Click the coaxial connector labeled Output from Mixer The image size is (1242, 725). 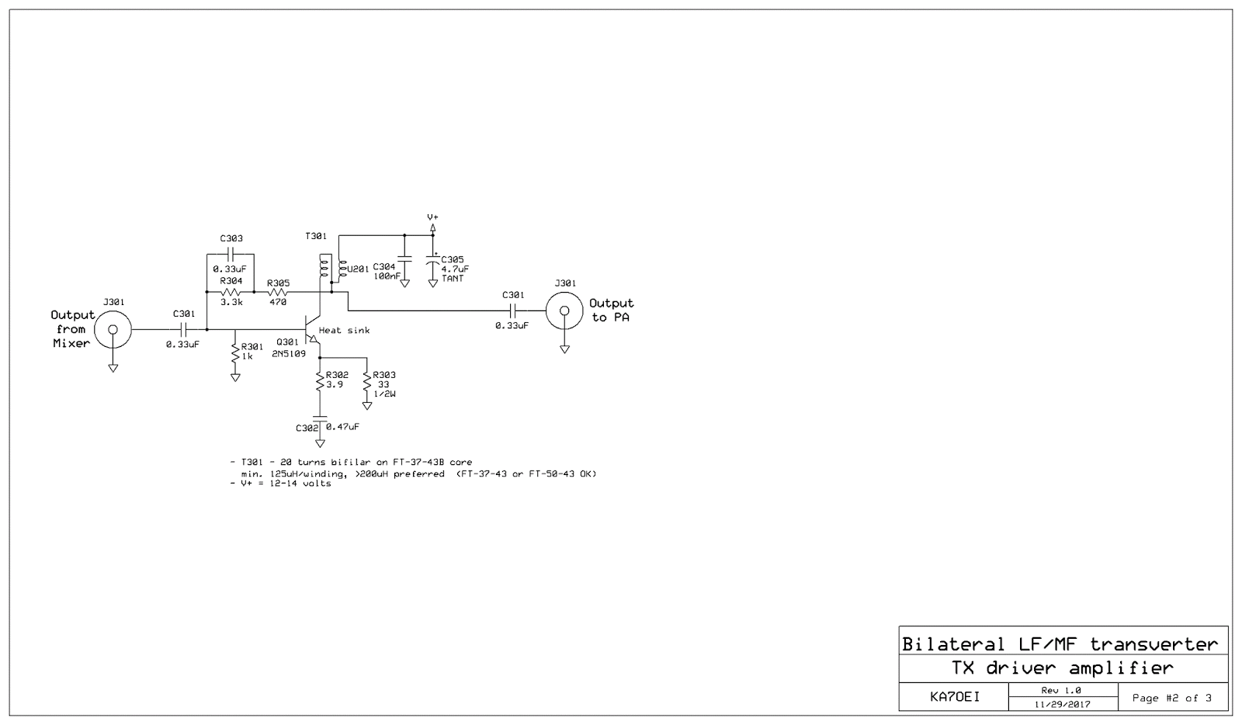coord(113,329)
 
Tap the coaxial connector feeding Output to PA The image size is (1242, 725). coord(564,311)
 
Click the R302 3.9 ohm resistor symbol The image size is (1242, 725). coord(319,381)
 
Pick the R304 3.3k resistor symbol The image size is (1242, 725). coord(231,292)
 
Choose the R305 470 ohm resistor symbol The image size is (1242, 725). coord(278,292)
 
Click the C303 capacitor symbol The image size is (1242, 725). coord(231,254)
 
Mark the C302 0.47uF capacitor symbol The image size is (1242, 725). coord(319,425)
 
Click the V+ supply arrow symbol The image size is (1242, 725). coord(433,227)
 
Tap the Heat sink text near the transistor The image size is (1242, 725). coord(344,330)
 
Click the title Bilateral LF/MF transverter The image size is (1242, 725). coord(1060,643)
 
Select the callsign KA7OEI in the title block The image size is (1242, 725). coord(954,697)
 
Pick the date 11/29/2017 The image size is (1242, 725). coord(1063,705)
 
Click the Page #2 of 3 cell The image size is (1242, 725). coord(1172,698)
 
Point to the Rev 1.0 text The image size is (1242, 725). coord(1061,690)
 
